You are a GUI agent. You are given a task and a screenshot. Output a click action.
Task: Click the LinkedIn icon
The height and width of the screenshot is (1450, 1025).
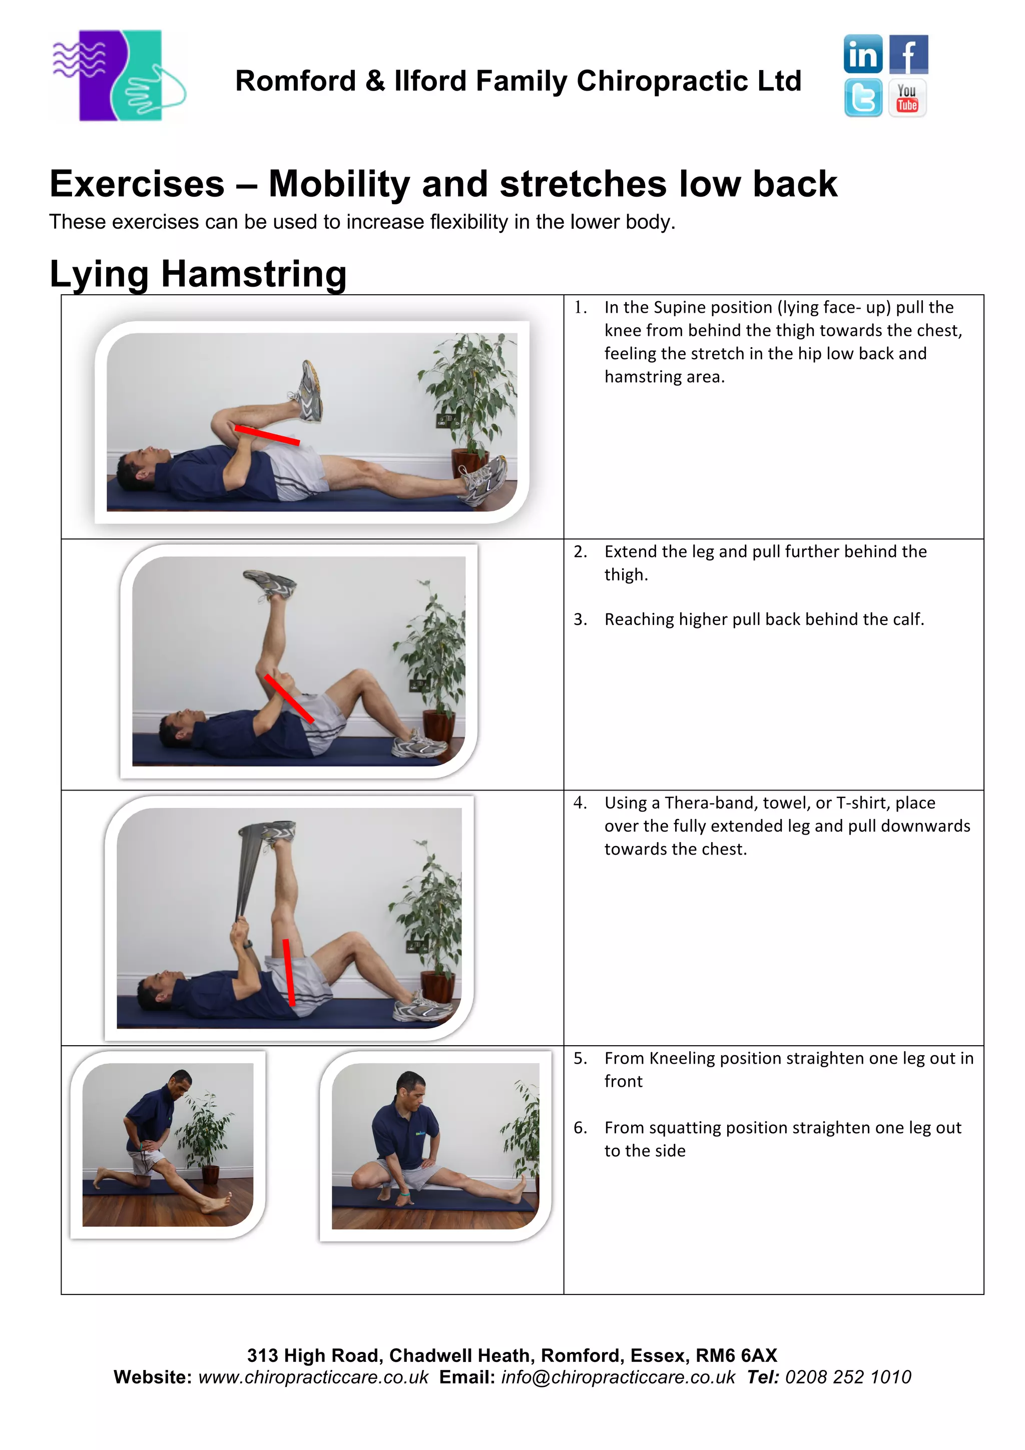[863, 55]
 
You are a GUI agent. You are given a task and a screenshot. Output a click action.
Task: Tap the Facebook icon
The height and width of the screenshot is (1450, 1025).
[908, 55]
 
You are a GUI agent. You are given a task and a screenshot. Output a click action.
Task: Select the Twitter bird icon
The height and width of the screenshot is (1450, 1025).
[863, 98]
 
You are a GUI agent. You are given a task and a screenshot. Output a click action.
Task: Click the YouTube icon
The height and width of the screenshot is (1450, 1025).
[907, 98]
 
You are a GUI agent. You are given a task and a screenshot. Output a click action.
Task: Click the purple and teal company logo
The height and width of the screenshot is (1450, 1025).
[119, 76]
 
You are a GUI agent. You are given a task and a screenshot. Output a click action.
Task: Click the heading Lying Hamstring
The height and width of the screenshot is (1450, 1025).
[198, 274]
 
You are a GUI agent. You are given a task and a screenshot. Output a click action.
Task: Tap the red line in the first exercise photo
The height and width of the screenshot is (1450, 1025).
[267, 435]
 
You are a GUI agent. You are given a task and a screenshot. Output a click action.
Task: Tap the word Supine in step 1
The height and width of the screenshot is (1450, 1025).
[681, 308]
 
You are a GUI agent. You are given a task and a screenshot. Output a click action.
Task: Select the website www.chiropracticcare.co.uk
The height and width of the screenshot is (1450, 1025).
[313, 1377]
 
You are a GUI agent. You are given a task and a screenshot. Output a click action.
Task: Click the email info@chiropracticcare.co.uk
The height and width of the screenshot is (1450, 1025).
[618, 1377]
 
